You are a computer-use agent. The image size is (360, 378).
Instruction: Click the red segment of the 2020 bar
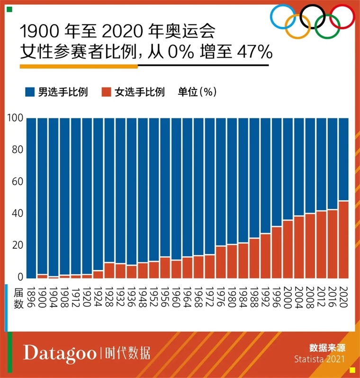[x=344, y=240]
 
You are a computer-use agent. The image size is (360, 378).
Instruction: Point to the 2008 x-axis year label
[x=310, y=297]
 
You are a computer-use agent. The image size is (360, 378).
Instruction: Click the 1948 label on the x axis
[x=144, y=297]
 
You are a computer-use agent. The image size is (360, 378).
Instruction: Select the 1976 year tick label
[x=221, y=297]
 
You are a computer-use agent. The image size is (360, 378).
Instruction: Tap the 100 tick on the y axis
[x=16, y=118]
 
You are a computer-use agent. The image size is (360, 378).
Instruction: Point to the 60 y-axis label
[x=18, y=182]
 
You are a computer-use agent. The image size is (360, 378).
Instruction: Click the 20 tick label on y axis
[x=18, y=245]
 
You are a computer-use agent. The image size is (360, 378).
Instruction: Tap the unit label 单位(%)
[x=197, y=92]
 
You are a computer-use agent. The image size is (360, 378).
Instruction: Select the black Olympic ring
[x=313, y=17]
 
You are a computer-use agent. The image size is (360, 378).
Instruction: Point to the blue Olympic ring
[x=283, y=17]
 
